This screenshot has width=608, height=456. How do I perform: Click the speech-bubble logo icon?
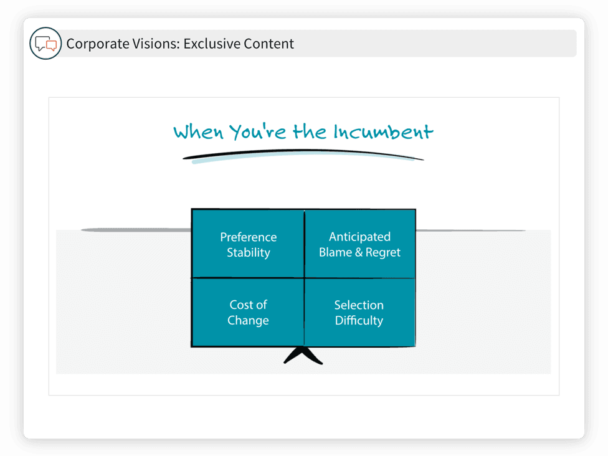(45, 43)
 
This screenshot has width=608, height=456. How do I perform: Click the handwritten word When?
(199, 132)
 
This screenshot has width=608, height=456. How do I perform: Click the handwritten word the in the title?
(310, 131)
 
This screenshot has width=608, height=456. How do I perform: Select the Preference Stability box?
(248, 244)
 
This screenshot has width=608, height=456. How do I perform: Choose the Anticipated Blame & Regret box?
(360, 244)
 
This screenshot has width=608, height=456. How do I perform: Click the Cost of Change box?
(248, 312)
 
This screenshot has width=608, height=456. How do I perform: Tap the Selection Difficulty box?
(359, 312)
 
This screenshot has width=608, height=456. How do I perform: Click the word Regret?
(382, 252)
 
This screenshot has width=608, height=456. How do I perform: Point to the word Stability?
(248, 252)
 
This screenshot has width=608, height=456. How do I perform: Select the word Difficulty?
(359, 320)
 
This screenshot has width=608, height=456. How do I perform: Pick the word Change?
(248, 320)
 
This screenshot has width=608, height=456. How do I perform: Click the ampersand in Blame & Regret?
(359, 252)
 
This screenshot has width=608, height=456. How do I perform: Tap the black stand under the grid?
(303, 354)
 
